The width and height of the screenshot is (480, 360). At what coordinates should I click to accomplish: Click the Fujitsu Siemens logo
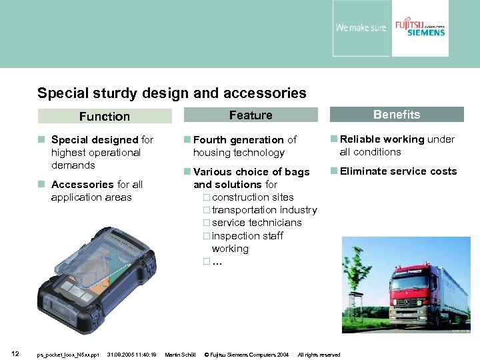click(420, 28)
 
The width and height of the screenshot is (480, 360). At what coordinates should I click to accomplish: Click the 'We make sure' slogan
click(361, 28)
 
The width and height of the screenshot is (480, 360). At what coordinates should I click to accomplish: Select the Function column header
click(105, 116)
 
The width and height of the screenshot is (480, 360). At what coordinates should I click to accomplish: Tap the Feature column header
click(251, 115)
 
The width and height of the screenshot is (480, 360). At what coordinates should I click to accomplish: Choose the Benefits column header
click(397, 115)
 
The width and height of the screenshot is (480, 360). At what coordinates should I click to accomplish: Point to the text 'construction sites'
click(253, 197)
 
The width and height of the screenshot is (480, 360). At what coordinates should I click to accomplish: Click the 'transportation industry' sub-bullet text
click(264, 210)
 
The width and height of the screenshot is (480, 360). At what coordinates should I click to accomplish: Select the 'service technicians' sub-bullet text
click(257, 223)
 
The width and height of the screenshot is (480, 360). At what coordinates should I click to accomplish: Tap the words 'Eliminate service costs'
click(398, 171)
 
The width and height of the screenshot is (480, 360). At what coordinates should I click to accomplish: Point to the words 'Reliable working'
click(382, 139)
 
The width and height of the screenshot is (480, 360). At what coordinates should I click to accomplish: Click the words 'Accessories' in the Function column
click(83, 185)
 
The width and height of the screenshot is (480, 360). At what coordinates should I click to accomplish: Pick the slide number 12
click(15, 353)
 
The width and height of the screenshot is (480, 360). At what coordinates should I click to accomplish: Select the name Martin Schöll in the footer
click(180, 355)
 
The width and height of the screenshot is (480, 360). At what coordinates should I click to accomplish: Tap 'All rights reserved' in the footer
click(319, 355)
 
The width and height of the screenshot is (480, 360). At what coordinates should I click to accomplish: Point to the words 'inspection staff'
click(247, 236)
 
